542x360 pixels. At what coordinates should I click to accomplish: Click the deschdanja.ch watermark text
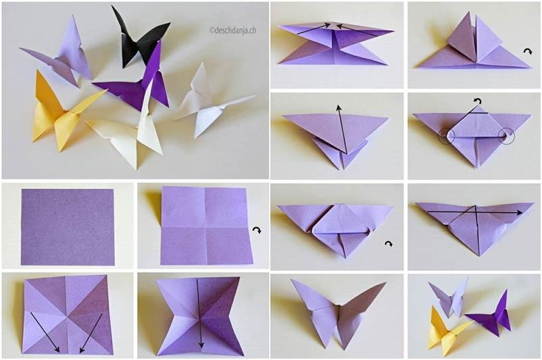tap(233, 30)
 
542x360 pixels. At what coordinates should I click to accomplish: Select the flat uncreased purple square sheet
tap(68, 227)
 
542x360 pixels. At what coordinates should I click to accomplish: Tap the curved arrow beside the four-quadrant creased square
tap(257, 230)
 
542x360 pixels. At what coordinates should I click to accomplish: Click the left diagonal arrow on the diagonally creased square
tap(45, 332)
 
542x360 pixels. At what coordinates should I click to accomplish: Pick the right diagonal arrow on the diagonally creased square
tap(91, 333)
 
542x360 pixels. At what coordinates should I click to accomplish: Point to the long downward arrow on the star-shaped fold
tap(199, 313)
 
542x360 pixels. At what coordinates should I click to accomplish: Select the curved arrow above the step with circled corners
tap(478, 101)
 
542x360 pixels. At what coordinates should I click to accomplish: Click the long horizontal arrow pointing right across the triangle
tap(475, 213)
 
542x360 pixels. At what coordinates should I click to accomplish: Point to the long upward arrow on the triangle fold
tap(342, 129)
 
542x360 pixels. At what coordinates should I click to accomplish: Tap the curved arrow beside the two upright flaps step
tap(528, 51)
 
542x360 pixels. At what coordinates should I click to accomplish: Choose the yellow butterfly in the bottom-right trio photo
tap(446, 330)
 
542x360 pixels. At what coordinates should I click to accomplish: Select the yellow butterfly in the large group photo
tap(64, 112)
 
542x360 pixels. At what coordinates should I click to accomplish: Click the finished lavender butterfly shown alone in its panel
tap(337, 311)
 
